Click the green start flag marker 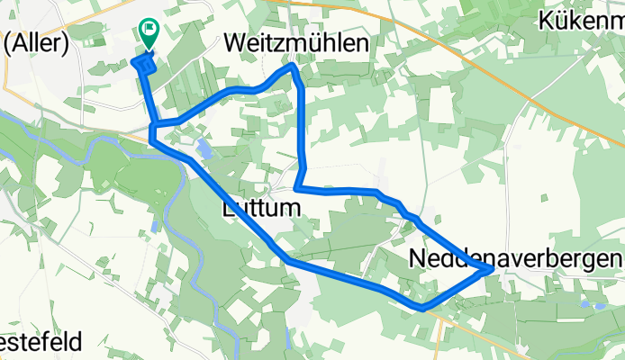(148, 33)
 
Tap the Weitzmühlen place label (296, 43)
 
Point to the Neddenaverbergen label (516, 258)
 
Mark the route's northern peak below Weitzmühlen (292, 66)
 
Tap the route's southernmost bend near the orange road (421, 308)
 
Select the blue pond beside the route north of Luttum (204, 149)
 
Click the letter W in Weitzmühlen (235, 43)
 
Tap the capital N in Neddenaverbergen (418, 258)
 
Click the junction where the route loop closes (156, 123)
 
